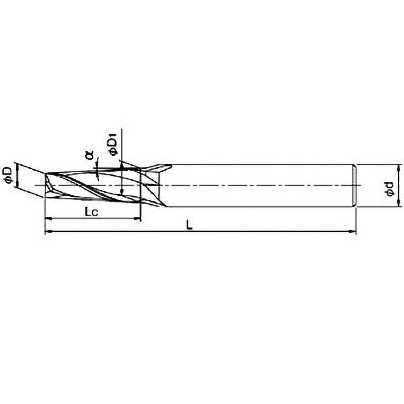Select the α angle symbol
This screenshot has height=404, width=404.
pyautogui.click(x=89, y=155)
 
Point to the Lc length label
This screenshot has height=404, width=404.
pyautogui.click(x=92, y=212)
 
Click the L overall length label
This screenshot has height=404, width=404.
pyautogui.click(x=190, y=226)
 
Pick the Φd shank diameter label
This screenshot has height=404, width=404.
pyautogui.click(x=390, y=188)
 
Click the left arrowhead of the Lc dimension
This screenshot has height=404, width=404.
pyautogui.click(x=48, y=219)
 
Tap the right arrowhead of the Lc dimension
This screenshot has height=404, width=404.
pyautogui.click(x=137, y=219)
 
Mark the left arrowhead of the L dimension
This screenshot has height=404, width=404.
pyautogui.click(x=48, y=232)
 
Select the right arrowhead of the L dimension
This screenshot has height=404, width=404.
pyautogui.click(x=352, y=232)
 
